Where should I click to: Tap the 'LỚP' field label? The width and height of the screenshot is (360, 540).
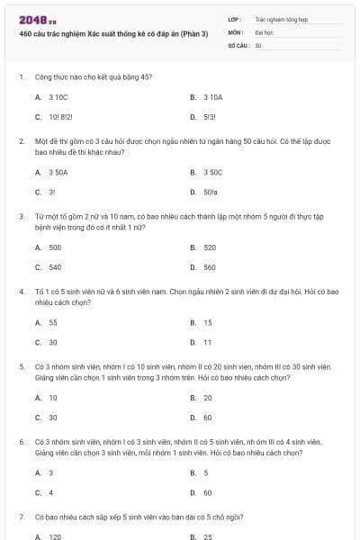(x=235, y=19)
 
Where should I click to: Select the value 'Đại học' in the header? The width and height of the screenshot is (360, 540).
(x=264, y=31)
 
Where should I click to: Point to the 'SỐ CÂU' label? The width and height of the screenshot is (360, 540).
(x=238, y=44)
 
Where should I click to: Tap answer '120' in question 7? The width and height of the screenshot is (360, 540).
(x=55, y=536)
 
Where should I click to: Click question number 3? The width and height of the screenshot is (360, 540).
(x=22, y=216)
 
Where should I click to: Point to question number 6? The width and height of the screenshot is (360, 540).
(x=22, y=442)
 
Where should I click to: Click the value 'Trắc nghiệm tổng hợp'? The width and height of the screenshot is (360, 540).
(x=281, y=19)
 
